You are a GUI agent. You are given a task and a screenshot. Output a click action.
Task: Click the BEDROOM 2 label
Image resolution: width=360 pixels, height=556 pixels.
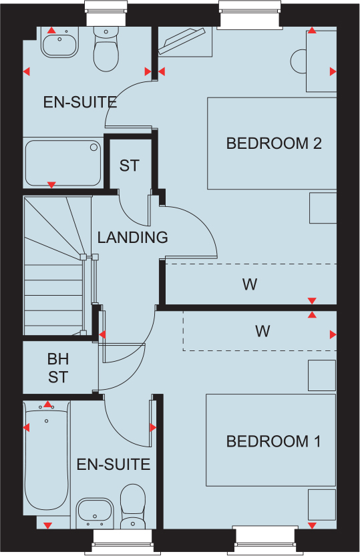pos(274,144)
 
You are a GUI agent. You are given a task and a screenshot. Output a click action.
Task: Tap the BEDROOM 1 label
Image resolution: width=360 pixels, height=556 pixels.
pos(273,441)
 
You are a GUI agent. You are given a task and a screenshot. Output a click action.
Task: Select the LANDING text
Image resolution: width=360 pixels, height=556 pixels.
pos(133,238)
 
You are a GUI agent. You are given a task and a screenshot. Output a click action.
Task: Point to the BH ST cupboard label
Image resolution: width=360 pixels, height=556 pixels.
pos(58,368)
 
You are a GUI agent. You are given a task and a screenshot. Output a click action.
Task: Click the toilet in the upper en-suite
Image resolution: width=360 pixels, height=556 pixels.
pos(106,49)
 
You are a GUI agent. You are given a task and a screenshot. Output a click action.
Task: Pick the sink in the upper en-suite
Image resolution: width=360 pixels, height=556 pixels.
pos(59,43)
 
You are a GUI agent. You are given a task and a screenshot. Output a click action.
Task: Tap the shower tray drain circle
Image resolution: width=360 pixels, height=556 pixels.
pos(94,147)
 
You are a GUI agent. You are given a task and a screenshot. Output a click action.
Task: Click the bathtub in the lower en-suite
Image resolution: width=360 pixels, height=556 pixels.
pos(47,457)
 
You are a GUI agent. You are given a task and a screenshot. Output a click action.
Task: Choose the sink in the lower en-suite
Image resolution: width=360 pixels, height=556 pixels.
pos(95,514)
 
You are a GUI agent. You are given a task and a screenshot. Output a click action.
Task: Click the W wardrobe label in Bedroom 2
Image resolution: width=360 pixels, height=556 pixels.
pos(250,284)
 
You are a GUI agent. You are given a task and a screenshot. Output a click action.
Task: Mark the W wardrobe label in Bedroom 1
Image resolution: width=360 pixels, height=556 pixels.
pos(262,331)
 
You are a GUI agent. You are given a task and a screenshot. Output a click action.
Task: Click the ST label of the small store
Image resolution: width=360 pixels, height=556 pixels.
pos(130,166)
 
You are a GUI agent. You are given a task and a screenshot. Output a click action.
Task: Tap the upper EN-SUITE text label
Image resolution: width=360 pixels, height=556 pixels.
pos(80,102)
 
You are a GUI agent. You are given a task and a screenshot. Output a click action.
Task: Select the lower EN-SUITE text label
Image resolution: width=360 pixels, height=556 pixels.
pos(114,465)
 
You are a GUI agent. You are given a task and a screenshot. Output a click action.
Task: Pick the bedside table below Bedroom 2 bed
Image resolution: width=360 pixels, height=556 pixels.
pos(323,208)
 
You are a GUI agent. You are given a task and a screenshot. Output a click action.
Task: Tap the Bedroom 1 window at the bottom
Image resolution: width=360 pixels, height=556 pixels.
pos(265,539)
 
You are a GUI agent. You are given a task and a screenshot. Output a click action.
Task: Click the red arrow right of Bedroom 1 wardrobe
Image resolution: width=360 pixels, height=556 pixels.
pos(333,334)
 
